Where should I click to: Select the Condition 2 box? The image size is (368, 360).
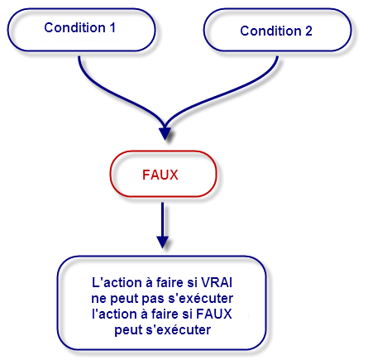point(276,31)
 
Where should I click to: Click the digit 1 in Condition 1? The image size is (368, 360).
point(112,27)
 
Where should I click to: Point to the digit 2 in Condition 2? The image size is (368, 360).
point(308,31)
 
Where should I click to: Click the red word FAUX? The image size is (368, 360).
point(163,175)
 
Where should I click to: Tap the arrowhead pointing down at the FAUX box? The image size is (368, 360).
point(165,131)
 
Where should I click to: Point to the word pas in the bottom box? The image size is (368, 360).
point(158,296)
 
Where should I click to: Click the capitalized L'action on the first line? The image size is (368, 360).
point(117,280)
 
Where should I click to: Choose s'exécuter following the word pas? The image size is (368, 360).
point(203,296)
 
